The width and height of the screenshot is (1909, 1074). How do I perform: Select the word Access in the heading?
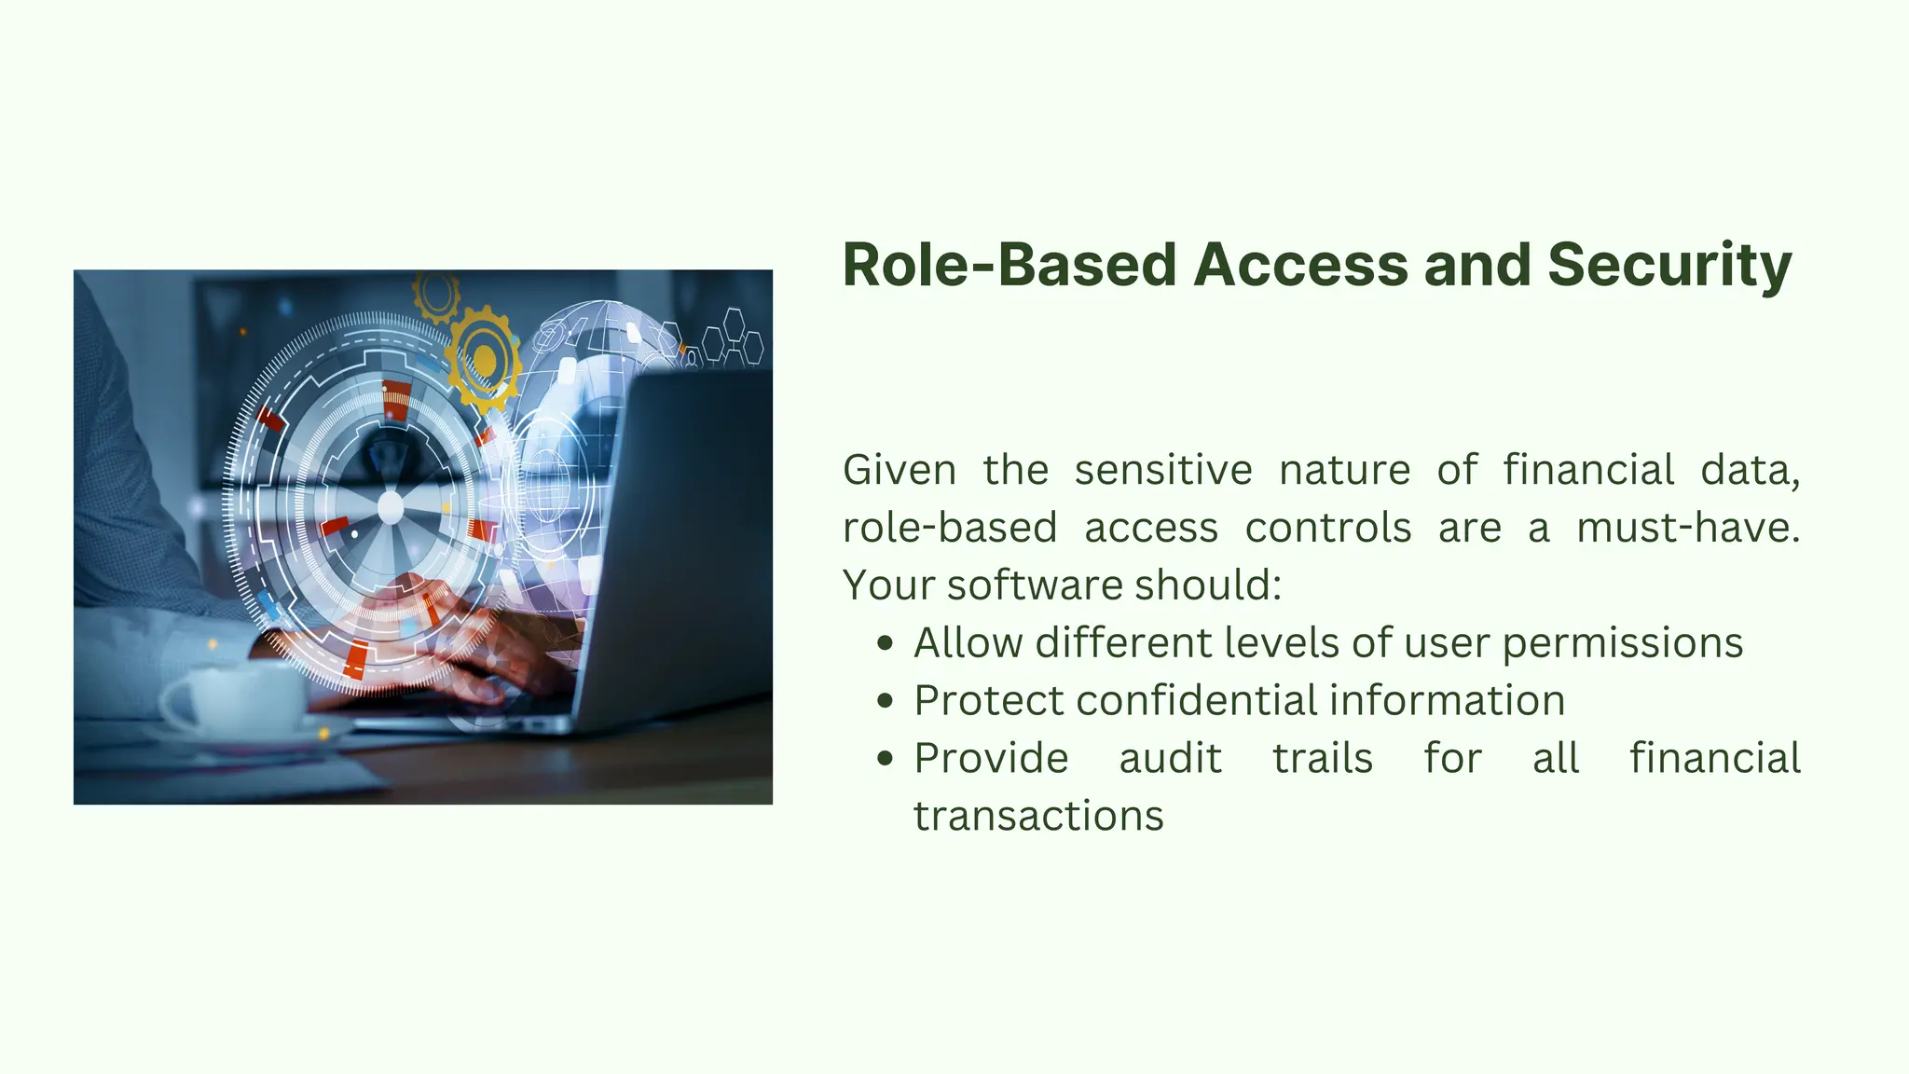1301,265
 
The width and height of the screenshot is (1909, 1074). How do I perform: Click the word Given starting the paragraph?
899,469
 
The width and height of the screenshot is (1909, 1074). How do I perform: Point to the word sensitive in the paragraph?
1162,469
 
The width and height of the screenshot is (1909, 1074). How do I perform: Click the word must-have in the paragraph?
1686,527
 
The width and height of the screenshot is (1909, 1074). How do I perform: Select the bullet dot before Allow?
886,643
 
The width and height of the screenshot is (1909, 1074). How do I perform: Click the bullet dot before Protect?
886,701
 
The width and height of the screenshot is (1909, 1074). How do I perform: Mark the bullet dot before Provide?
886,759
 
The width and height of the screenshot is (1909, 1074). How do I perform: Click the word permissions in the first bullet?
1622,643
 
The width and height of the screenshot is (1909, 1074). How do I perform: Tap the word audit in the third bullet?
1170,758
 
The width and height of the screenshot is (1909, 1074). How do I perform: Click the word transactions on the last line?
1038,816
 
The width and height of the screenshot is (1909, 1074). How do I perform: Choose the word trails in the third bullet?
1323,758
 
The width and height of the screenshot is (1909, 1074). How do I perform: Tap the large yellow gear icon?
483,359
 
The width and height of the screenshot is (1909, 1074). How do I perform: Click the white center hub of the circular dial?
390,508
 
